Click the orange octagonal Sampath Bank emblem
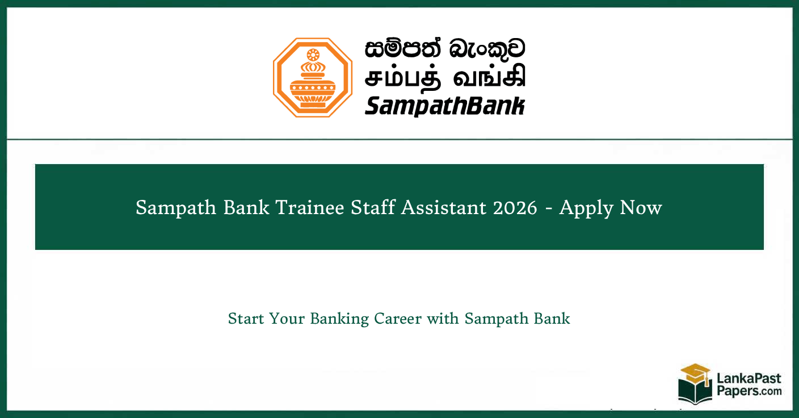point(313,77)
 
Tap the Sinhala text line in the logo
point(445,51)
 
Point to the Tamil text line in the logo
point(445,78)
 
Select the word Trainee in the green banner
point(310,208)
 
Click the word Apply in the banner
point(586,208)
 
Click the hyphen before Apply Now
point(548,208)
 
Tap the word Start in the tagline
point(246,319)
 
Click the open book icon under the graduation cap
point(695,392)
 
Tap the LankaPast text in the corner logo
point(748,379)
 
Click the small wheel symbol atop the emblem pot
point(313,55)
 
